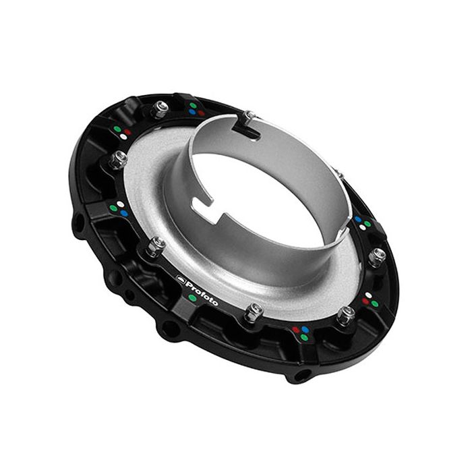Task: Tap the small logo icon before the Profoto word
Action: click(180, 277)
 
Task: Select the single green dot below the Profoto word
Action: click(193, 297)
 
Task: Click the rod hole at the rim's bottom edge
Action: click(297, 373)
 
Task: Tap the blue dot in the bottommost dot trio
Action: click(305, 330)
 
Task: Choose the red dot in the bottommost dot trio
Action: click(295, 330)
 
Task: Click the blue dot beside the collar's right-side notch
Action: click(357, 220)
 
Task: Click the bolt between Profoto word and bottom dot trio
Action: click(254, 310)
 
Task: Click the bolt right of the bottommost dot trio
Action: click(346, 314)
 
